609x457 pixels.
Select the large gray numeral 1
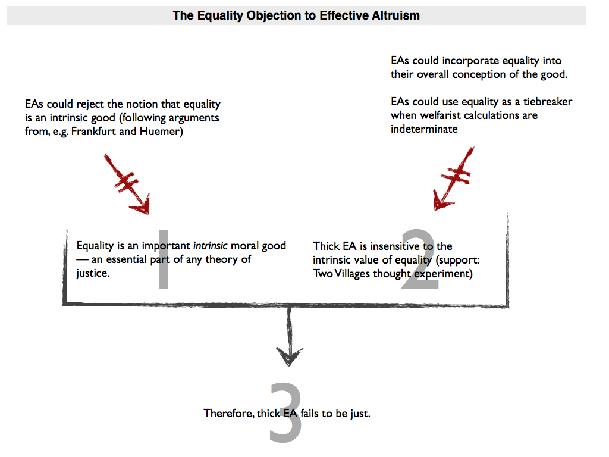coord(164,259)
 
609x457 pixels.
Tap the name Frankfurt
coord(92,132)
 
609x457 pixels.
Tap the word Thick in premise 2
coord(326,246)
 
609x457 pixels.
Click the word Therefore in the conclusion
coord(228,413)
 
